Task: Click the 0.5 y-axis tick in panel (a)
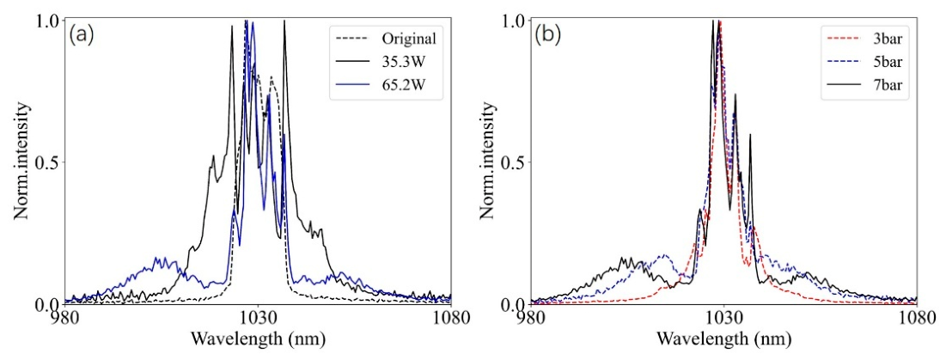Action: (47, 162)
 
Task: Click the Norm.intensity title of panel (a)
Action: (24, 162)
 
